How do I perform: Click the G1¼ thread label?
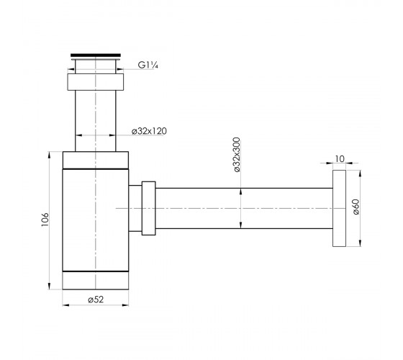tap(148, 65)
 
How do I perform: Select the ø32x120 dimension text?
tap(149, 131)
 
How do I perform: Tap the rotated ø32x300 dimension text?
tap(236, 155)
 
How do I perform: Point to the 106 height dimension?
tap(45, 220)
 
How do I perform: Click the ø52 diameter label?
tap(96, 300)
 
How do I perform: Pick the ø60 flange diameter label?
tap(356, 207)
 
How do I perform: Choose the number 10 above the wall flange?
tap(340, 159)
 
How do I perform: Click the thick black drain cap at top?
tap(96, 55)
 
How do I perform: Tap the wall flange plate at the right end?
tap(339, 208)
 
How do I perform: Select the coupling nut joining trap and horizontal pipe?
tap(148, 208)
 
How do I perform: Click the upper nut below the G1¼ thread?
tap(96, 82)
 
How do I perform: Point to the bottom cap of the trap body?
tap(96, 280)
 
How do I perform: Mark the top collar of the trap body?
tap(96, 160)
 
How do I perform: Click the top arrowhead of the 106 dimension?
tap(49, 155)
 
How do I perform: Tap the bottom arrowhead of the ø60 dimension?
tap(360, 243)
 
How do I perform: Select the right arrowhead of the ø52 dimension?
tap(125, 305)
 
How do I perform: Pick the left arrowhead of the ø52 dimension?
tap(66, 305)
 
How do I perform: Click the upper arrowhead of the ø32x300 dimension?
tap(241, 192)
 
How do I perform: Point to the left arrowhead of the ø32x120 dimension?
tap(78, 135)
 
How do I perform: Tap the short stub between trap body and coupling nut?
tap(135, 208)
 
